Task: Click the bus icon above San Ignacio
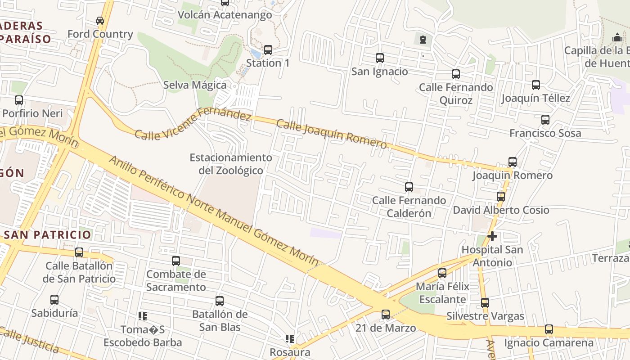click(379, 58)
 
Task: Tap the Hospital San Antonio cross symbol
click(492, 236)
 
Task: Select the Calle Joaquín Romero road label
click(332, 134)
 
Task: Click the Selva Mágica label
click(195, 85)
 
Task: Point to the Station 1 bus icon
click(268, 49)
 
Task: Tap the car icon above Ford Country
click(100, 21)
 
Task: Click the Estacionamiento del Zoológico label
click(231, 164)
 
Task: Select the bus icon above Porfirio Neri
click(19, 100)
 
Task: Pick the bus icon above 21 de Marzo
click(386, 315)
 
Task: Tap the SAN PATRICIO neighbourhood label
click(48, 234)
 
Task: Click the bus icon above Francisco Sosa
click(545, 120)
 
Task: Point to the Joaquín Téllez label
click(535, 98)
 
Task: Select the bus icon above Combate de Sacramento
click(176, 261)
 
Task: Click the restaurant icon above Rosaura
click(290, 338)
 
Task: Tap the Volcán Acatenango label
click(225, 15)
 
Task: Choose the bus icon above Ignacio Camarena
click(549, 329)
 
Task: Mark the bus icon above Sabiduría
click(54, 300)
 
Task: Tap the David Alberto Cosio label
click(501, 210)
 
